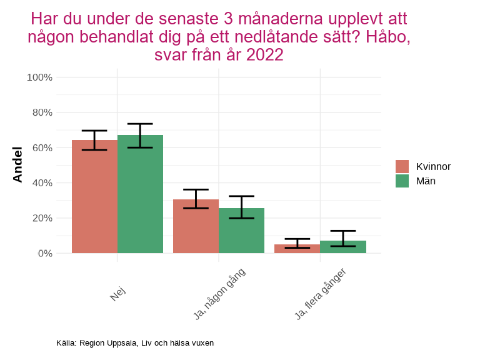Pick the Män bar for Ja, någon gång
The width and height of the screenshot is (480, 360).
click(241, 231)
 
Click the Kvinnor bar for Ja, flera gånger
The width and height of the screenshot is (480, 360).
click(297, 249)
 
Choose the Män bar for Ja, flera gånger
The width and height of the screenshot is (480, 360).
click(343, 247)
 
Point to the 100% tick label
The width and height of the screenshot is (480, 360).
click(39, 77)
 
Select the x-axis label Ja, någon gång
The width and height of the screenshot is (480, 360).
click(219, 294)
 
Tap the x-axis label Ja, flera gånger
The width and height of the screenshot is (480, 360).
click(320, 294)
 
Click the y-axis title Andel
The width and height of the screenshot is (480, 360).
click(17, 164)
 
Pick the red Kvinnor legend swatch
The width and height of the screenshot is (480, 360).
click(402, 166)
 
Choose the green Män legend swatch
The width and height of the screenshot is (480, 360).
click(402, 181)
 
